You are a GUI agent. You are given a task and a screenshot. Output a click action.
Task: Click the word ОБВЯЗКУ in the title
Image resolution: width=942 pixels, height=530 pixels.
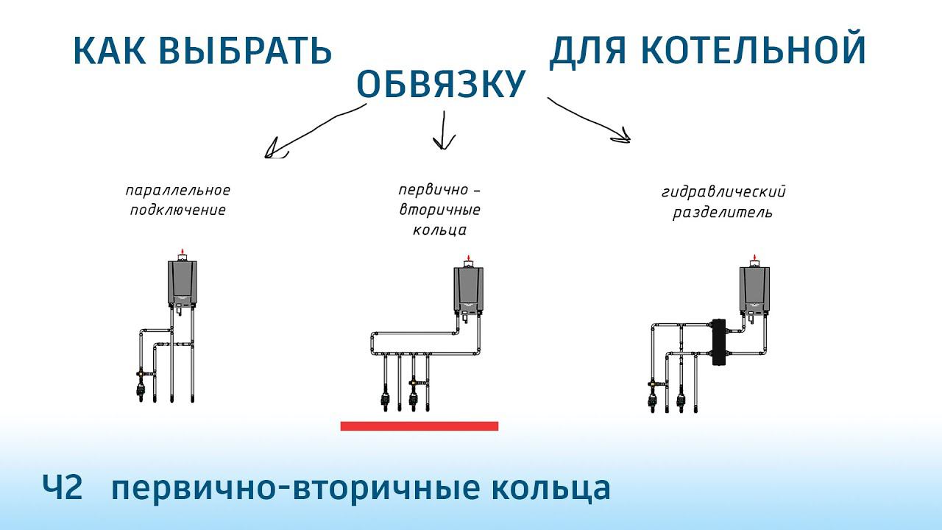(440, 85)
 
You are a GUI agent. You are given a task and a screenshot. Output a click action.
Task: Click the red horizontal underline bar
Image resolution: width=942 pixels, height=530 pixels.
(419, 425)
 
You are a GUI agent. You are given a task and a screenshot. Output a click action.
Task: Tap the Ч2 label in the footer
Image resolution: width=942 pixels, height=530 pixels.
(62, 488)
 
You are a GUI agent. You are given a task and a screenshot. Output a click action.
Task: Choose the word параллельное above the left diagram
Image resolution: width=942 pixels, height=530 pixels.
(177, 191)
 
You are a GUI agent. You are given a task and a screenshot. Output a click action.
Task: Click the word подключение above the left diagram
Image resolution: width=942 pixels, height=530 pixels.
(177, 211)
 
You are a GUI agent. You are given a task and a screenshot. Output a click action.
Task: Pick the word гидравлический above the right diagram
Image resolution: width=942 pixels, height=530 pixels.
(723, 194)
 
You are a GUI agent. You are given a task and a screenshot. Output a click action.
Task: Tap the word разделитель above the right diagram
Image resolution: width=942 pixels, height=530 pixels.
(723, 213)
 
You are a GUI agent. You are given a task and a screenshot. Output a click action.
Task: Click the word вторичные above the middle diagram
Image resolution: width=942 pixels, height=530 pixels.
(439, 210)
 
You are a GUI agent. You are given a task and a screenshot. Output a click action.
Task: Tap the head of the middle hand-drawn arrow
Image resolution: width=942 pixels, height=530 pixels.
(443, 144)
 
